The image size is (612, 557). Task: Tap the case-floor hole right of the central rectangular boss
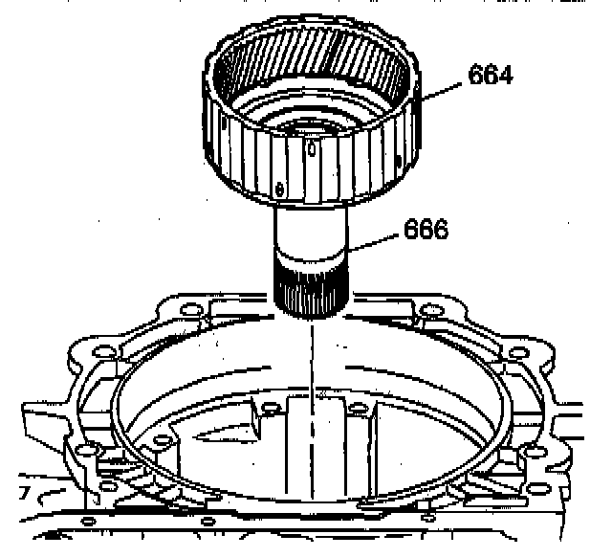tap(355, 409)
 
